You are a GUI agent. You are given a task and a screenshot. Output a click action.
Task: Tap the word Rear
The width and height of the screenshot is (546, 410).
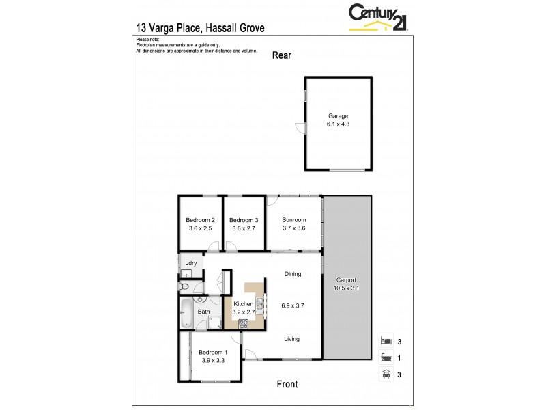(x=282, y=55)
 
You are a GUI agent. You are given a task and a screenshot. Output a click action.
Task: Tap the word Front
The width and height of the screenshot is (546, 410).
(x=287, y=384)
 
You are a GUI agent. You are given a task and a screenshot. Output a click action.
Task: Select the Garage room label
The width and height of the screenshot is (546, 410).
(x=338, y=115)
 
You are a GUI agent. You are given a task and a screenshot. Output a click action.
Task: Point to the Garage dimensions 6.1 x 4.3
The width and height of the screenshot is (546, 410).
(x=338, y=124)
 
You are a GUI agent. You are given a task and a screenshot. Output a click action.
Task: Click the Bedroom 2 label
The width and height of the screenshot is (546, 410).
(x=201, y=219)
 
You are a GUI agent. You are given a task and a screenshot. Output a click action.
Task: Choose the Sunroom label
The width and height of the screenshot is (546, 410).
(x=293, y=219)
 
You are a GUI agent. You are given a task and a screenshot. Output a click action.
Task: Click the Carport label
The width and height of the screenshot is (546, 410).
(x=347, y=281)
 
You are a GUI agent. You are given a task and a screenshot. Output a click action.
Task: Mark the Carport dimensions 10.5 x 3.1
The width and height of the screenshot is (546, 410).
(x=347, y=289)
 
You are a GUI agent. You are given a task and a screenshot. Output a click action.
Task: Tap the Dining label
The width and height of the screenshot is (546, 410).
(x=293, y=274)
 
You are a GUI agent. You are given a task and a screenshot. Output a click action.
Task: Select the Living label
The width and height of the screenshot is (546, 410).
(x=291, y=338)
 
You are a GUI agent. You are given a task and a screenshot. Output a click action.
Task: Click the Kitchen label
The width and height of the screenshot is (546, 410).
(x=244, y=303)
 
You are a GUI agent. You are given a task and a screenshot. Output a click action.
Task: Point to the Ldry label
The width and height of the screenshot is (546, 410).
(x=190, y=263)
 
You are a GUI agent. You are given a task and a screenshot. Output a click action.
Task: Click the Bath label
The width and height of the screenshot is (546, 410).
(x=203, y=312)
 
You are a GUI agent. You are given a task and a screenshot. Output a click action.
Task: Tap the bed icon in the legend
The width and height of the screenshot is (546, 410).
(x=386, y=340)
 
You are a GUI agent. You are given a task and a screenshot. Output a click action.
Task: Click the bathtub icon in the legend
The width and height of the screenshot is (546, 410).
(x=386, y=357)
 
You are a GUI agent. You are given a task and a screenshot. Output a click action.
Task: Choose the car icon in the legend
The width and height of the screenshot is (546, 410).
(x=386, y=374)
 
